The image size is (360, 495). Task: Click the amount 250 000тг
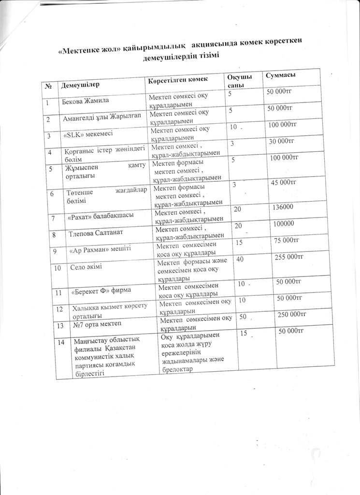coord(292,315)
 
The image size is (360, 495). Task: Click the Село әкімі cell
coord(87,267)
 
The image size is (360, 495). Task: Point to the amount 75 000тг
coord(287,240)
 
